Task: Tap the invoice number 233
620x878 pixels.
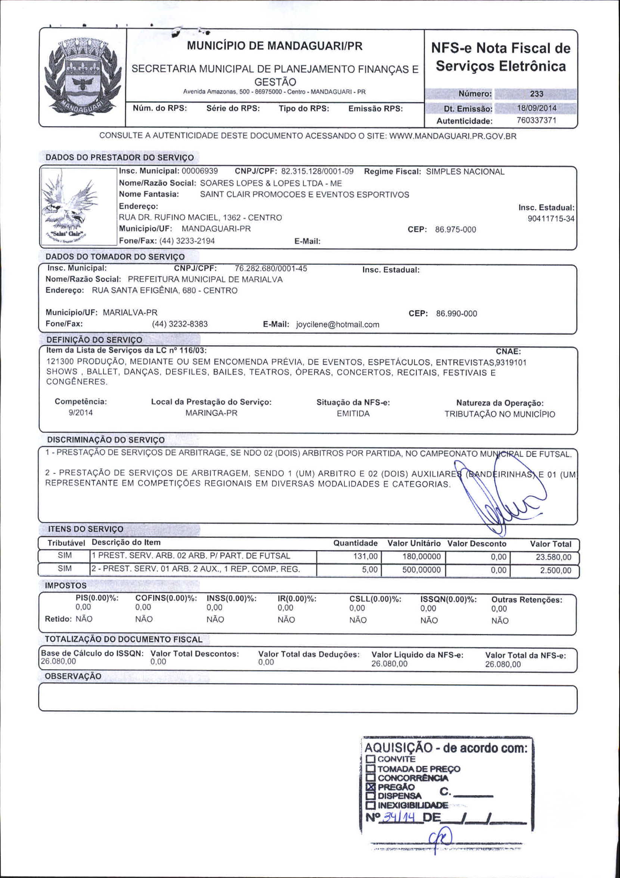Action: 536,94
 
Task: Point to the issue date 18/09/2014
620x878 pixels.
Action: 536,108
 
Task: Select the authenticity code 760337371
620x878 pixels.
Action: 536,121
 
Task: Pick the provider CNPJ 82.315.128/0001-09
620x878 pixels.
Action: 317,171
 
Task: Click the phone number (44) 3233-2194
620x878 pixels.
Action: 187,241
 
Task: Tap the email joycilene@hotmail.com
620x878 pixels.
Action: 338,325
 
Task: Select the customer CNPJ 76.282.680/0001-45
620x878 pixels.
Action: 271,269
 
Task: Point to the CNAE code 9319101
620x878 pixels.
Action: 511,362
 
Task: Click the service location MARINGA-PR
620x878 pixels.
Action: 211,413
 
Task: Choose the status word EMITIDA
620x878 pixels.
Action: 353,414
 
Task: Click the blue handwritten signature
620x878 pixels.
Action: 505,497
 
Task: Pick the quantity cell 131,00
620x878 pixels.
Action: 365,556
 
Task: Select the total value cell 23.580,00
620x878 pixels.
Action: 554,557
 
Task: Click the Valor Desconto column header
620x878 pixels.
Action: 477,544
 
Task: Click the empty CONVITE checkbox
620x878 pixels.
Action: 370,759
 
